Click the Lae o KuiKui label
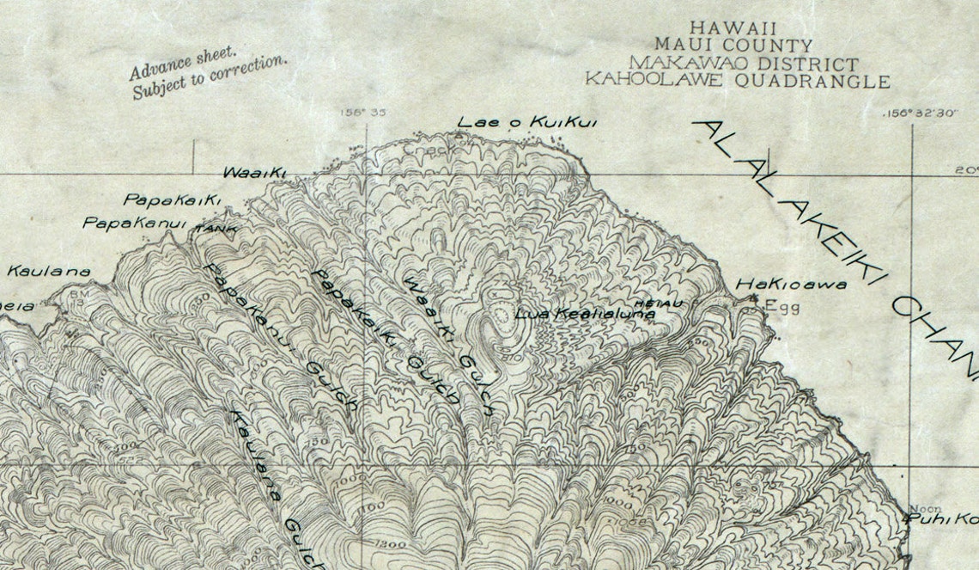[x=526, y=123]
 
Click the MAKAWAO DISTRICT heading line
[x=743, y=64]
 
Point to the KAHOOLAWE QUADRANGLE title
[x=737, y=81]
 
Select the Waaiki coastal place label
[x=254, y=172]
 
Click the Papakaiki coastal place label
[x=173, y=199]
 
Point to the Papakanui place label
[x=134, y=224]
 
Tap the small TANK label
[x=216, y=230]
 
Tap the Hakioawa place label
[x=791, y=285]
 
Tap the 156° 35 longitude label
[x=363, y=112]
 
